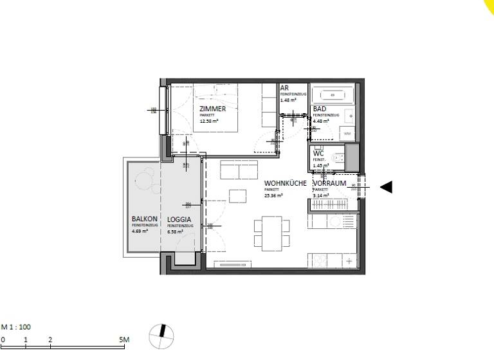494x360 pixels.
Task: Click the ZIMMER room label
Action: [x=212, y=109]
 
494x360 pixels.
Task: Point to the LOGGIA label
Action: [x=178, y=219]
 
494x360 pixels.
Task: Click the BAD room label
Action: [x=320, y=109]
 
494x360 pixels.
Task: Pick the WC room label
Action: [x=318, y=154]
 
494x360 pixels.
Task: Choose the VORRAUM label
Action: [x=329, y=184]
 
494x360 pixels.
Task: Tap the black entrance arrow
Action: [x=386, y=187]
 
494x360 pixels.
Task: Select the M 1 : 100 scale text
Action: [x=16, y=327]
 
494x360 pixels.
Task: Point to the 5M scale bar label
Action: [x=124, y=339]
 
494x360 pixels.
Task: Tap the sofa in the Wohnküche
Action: [x=239, y=170]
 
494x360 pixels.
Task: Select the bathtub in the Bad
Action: [x=333, y=94]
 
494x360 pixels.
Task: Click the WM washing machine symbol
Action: [x=347, y=134]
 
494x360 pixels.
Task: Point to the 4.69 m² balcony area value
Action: [x=140, y=231]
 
